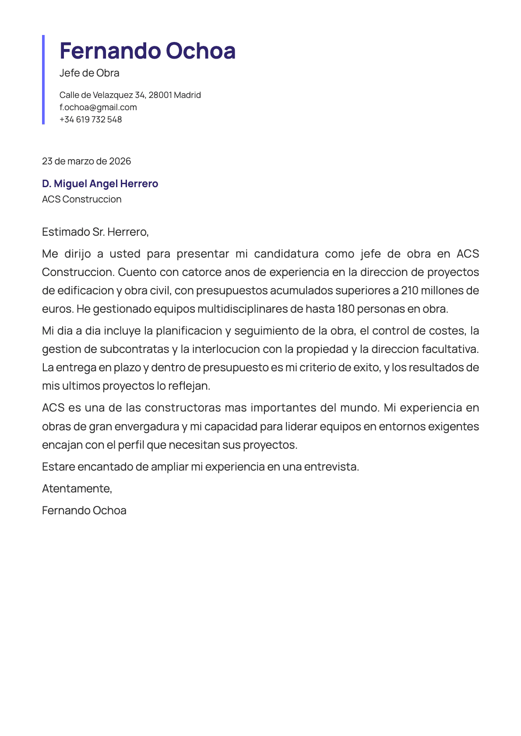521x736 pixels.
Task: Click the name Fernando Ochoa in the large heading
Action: click(148, 51)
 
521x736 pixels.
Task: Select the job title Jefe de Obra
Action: click(89, 73)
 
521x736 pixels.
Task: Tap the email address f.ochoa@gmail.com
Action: click(98, 107)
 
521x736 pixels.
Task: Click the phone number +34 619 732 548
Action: click(91, 119)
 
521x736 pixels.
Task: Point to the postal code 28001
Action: click(160, 95)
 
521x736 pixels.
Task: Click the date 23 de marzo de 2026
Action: click(86, 161)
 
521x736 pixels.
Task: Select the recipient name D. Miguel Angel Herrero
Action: click(100, 184)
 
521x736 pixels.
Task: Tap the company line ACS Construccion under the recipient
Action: click(81, 199)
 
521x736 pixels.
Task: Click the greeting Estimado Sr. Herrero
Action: click(95, 232)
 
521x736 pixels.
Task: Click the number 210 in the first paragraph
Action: click(410, 291)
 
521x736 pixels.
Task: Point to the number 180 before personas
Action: click(345, 309)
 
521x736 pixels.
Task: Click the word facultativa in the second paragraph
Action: click(450, 349)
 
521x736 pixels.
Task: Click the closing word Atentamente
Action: click(77, 488)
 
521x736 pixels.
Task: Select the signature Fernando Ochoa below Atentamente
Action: click(84, 510)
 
